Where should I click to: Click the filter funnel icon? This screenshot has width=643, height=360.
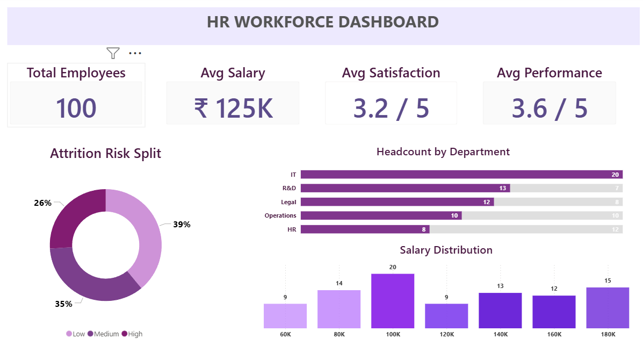pyautogui.click(x=113, y=53)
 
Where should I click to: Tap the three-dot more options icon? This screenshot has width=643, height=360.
pyautogui.click(x=135, y=53)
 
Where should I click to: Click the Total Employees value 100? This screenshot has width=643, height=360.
pyautogui.click(x=76, y=107)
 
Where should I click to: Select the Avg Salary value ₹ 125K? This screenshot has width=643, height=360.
pyautogui.click(x=233, y=107)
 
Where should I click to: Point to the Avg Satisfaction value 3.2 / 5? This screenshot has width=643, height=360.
pyautogui.click(x=391, y=107)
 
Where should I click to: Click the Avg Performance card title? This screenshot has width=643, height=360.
pyautogui.click(x=549, y=73)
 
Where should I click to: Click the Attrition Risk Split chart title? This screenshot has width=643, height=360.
pyautogui.click(x=105, y=154)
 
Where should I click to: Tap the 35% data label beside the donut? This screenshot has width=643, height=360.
pyautogui.click(x=63, y=304)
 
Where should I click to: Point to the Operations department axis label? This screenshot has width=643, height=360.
pyautogui.click(x=280, y=215)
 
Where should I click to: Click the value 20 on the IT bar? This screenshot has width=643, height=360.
pyautogui.click(x=615, y=175)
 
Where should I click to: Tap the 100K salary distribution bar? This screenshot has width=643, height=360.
pyautogui.click(x=393, y=301)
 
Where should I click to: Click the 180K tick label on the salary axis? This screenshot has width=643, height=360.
pyautogui.click(x=608, y=335)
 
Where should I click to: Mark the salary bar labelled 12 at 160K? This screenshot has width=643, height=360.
pyautogui.click(x=554, y=312)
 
